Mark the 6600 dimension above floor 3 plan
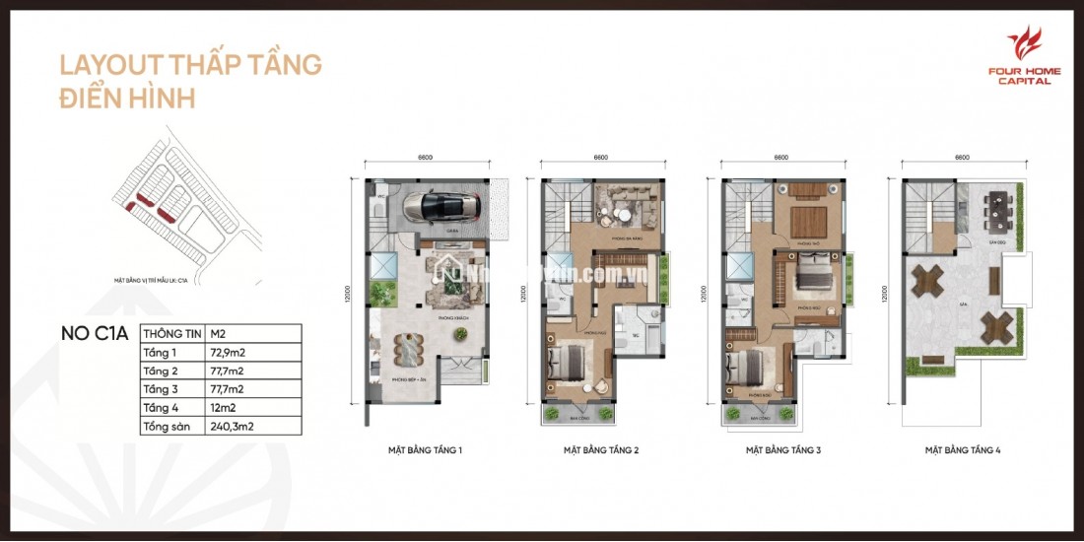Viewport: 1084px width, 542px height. pyautogui.click(x=781, y=157)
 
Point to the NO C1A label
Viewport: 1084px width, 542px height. pyautogui.click(x=95, y=333)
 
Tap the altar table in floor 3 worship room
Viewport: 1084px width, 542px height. pyautogui.click(x=808, y=219)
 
